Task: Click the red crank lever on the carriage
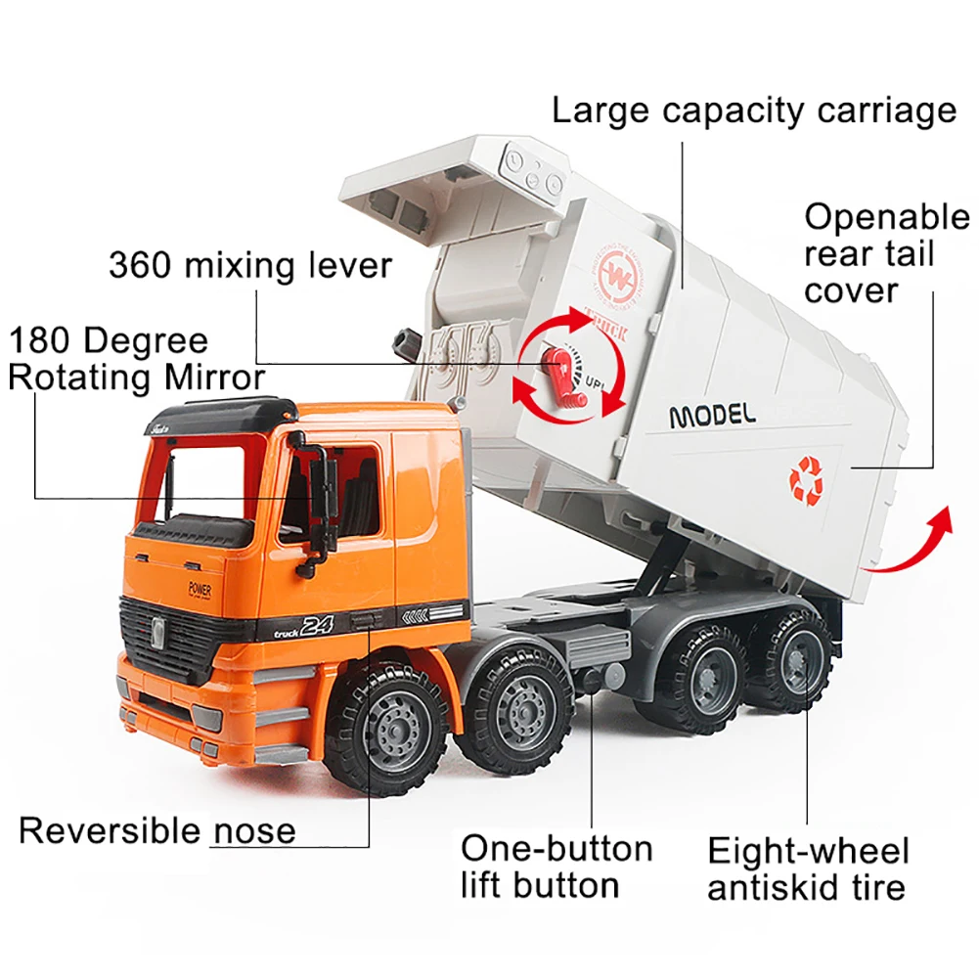562,378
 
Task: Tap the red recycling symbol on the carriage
806,479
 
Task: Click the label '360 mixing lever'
250,265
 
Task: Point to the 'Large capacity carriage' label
754,111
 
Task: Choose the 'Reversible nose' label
157,831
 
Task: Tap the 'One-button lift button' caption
556,868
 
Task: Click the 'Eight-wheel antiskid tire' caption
808,869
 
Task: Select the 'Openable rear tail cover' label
887,253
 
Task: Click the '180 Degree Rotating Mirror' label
137,359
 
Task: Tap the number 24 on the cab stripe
317,625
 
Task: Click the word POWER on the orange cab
200,589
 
